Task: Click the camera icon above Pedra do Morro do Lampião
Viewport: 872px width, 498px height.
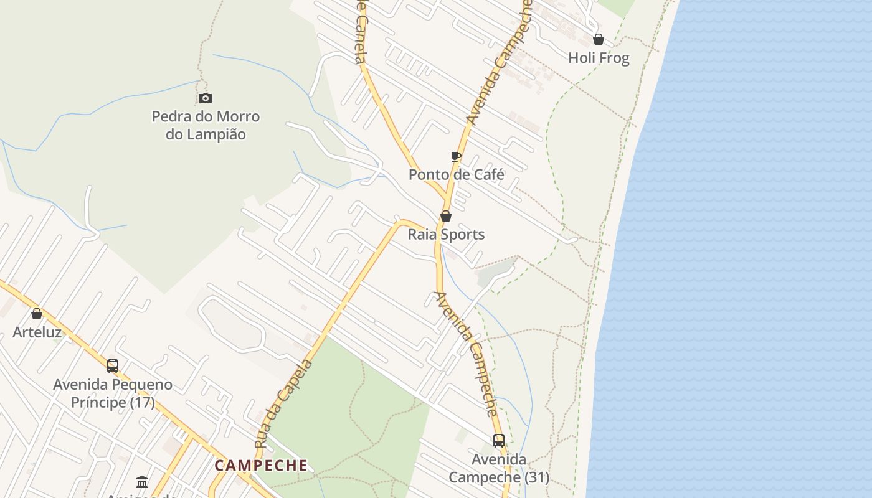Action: [x=206, y=98]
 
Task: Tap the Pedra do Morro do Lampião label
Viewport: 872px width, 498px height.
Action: [x=206, y=125]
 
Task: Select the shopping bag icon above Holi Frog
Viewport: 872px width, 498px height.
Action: [x=599, y=39]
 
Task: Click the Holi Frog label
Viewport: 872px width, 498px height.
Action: [x=599, y=59]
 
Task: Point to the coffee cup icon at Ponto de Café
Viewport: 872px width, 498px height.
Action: [x=456, y=156]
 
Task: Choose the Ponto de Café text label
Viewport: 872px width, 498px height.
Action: [x=456, y=175]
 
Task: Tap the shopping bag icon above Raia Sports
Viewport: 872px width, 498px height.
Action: [x=446, y=216]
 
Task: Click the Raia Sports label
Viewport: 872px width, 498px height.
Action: [x=446, y=235]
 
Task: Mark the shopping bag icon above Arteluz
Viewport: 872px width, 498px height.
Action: [x=37, y=313]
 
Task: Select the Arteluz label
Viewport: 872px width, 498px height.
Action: [x=37, y=332]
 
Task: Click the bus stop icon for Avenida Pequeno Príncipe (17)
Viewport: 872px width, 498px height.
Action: [x=113, y=365]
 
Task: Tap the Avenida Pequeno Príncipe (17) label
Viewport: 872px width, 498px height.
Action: [x=113, y=393]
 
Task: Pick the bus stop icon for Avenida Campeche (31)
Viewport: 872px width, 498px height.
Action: [x=499, y=440]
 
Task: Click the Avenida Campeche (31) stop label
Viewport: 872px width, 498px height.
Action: [x=499, y=468]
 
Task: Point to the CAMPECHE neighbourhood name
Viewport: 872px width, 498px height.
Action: [x=261, y=466]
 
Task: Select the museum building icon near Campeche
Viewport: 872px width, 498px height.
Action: [x=142, y=482]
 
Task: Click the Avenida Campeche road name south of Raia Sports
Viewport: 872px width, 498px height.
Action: [x=467, y=354]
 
